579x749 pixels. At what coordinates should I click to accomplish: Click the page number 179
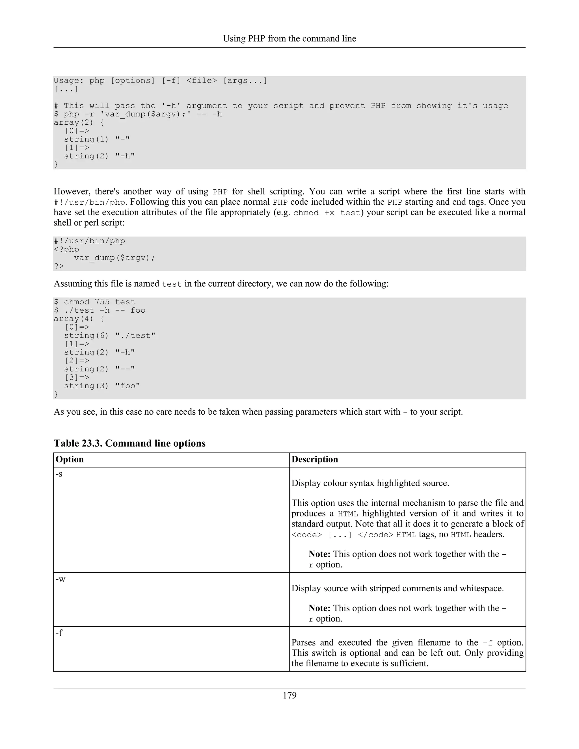pos(289,696)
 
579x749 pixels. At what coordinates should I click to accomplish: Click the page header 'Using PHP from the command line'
pos(289,38)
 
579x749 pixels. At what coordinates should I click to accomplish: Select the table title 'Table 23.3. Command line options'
pos(130,443)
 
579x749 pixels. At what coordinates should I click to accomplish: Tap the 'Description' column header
pos(315,459)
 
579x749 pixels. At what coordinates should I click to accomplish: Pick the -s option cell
pos(59,474)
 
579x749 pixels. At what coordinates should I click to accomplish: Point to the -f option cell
pos(59,633)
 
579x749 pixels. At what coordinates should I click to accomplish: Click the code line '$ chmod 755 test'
pos(94,302)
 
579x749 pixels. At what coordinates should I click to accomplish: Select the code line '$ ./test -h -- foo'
pos(100,310)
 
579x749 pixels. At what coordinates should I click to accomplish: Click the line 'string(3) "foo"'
pos(102,386)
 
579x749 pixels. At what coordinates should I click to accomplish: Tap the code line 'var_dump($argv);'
pos(114,257)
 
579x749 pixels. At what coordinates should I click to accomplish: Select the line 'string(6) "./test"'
pos(109,335)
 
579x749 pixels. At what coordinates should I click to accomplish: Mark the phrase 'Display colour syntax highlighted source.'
pos(370,483)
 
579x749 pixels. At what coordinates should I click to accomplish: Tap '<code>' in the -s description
pos(307,535)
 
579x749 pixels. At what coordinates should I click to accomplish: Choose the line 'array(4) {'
pos(79,319)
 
